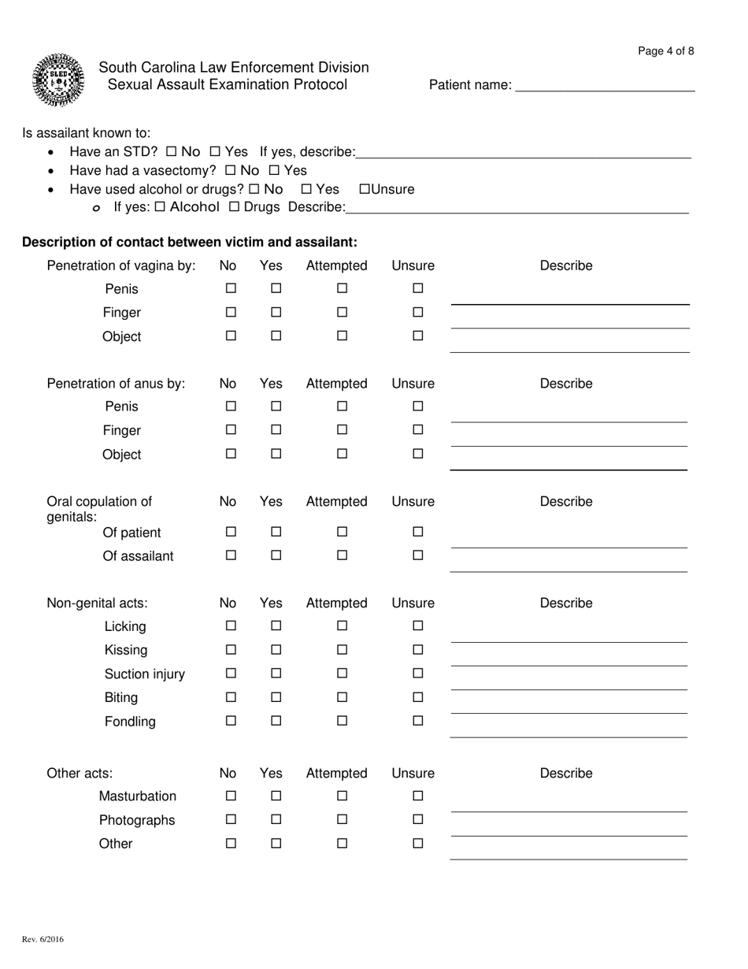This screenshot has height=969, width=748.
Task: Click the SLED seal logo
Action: pyautogui.click(x=57, y=80)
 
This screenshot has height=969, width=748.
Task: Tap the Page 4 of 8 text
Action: pyautogui.click(x=665, y=51)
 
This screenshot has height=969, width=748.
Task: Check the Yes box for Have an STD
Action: pyautogui.click(x=214, y=151)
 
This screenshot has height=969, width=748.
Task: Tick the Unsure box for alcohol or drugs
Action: pyautogui.click(x=365, y=189)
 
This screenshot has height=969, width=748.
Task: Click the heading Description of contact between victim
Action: pyautogui.click(x=190, y=241)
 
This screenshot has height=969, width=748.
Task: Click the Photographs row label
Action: pyautogui.click(x=137, y=820)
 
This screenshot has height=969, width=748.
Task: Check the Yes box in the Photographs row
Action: pyautogui.click(x=276, y=820)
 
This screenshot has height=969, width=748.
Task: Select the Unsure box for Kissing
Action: pyautogui.click(x=418, y=650)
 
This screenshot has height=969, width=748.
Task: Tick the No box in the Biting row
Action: pyautogui.click(x=231, y=697)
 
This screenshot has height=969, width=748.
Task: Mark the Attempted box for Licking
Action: pyautogui.click(x=343, y=626)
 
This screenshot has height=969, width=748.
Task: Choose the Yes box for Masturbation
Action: pyautogui.click(x=276, y=796)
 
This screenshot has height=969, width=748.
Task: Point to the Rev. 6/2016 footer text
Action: pyautogui.click(x=43, y=939)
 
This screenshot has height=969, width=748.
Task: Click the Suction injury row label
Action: pyautogui.click(x=145, y=674)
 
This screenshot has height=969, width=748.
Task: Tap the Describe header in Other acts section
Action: pyautogui.click(x=565, y=774)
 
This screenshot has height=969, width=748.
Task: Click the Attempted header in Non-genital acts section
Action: pyautogui.click(x=336, y=603)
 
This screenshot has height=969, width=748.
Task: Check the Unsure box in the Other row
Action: pyautogui.click(x=418, y=844)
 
